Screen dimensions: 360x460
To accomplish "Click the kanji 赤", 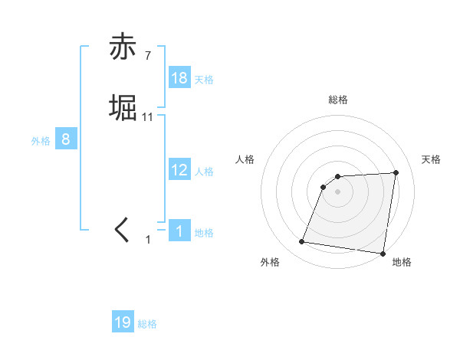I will pyautogui.click(x=123, y=47).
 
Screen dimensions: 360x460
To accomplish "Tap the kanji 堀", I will pyautogui.click(x=123, y=107).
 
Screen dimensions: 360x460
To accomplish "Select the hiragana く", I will pyautogui.click(x=123, y=229).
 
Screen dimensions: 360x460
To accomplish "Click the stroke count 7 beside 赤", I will pyautogui.click(x=148, y=56).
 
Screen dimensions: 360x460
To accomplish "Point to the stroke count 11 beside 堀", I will pyautogui.click(x=148, y=117).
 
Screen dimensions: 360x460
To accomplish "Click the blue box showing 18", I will pyautogui.click(x=179, y=78).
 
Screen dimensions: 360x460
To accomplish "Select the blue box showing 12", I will pyautogui.click(x=179, y=170).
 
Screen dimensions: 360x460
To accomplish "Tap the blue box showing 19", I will pyautogui.click(x=123, y=322).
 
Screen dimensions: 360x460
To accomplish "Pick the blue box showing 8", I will pyautogui.click(x=66, y=139).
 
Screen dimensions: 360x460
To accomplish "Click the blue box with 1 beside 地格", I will pyautogui.click(x=179, y=231).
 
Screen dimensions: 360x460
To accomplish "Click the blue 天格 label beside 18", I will pyautogui.click(x=204, y=80).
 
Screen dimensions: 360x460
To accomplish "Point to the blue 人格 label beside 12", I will pyautogui.click(x=204, y=172).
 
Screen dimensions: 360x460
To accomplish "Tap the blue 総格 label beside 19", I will pyautogui.click(x=147, y=324).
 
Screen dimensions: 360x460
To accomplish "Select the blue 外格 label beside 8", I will pyautogui.click(x=41, y=141).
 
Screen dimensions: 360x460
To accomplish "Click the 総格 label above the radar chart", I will pyautogui.click(x=338, y=100).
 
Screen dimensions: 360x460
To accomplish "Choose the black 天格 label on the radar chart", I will pyautogui.click(x=432, y=159).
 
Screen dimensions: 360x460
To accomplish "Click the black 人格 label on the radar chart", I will pyautogui.click(x=245, y=159).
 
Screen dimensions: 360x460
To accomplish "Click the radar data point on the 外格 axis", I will pyautogui.click(x=302, y=242).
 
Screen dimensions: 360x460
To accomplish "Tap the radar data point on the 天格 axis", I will pyautogui.click(x=396, y=172).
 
